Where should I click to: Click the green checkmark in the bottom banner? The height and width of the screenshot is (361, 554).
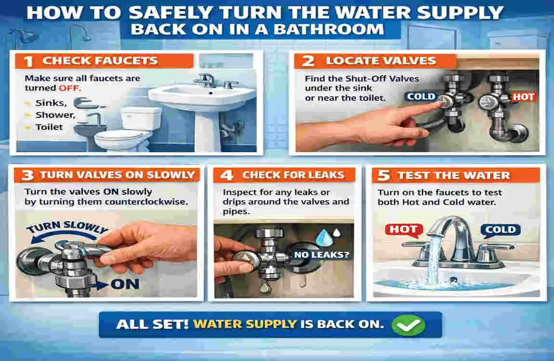click(409, 325)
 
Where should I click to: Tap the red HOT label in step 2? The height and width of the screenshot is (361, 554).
click(523, 97)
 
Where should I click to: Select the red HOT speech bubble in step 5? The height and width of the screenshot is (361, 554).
click(403, 230)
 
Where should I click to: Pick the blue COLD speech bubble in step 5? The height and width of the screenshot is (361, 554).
click(501, 230)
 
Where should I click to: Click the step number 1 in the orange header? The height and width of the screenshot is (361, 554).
click(28, 61)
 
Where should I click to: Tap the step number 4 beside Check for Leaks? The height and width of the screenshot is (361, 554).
click(226, 175)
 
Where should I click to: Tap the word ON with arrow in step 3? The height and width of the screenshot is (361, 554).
click(124, 284)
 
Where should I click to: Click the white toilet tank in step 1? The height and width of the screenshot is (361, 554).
click(141, 118)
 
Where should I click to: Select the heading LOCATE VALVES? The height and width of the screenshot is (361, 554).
click(381, 61)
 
